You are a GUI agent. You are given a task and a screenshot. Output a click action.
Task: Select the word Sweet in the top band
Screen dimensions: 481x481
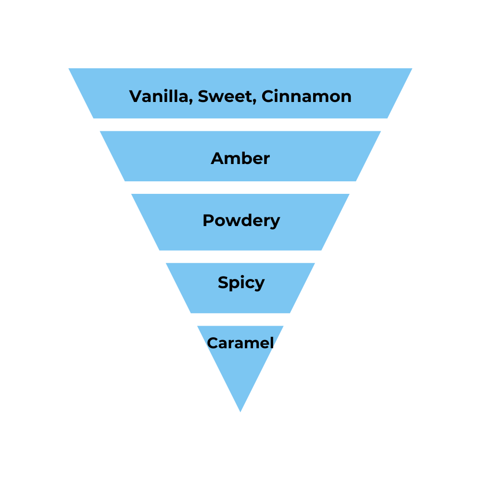tap(225, 96)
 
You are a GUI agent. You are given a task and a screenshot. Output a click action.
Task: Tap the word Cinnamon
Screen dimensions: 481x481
tap(306, 96)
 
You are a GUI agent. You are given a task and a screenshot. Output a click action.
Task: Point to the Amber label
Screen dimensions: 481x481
tap(240, 158)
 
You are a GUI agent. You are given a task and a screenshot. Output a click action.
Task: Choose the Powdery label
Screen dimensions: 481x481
tap(241, 221)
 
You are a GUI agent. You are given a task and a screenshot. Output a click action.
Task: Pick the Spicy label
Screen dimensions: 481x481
tap(241, 282)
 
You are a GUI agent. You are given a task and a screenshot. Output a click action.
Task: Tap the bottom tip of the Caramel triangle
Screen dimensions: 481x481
tap(240, 411)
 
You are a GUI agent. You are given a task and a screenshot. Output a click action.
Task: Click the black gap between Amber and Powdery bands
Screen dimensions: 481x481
tap(240, 188)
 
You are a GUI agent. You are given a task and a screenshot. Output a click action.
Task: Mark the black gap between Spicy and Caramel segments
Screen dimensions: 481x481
tap(240, 319)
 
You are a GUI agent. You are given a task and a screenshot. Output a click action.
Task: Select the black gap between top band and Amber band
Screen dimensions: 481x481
tap(240, 125)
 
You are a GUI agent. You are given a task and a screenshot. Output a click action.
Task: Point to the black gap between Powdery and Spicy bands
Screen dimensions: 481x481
tap(240, 256)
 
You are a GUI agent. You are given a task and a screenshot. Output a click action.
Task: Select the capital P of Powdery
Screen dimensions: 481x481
tap(208, 220)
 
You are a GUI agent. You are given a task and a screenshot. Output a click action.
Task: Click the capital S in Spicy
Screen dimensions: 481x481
tap(223, 282)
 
